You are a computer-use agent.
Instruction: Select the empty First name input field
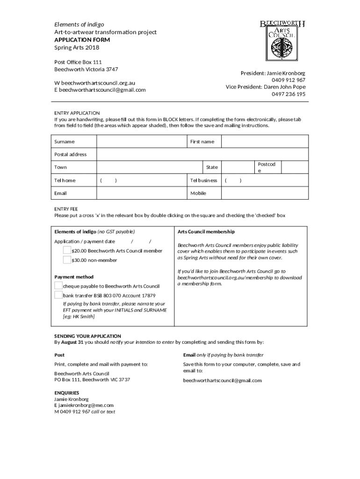[264, 141]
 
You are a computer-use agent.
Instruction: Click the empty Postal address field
[202, 154]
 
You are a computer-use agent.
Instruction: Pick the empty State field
[237, 167]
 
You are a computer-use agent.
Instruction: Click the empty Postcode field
[295, 167]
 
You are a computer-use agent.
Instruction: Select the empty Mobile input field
[264, 193]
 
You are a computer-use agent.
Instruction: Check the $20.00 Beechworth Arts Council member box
[67, 250]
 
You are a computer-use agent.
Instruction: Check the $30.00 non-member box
[67, 260]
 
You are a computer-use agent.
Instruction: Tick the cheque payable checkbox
[58, 285]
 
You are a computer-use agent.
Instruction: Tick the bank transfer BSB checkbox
[58, 295]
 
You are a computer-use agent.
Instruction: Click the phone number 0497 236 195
[288, 94]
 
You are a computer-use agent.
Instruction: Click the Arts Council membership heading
[206, 232]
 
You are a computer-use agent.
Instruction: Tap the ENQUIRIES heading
[67, 392]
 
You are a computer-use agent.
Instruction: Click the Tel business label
[203, 181]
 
